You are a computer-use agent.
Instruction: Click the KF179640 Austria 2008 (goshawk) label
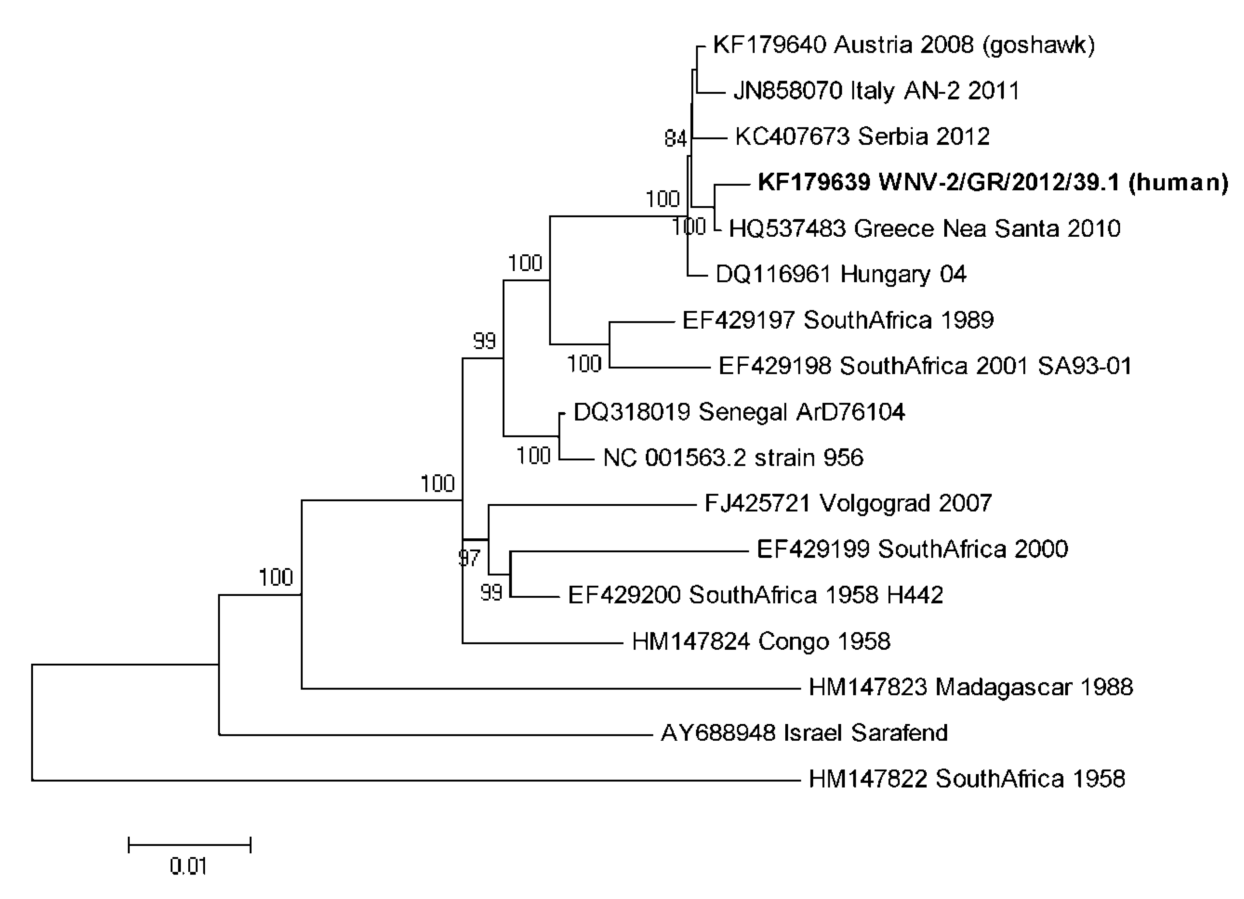coord(903,45)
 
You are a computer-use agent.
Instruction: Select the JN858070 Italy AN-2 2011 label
coord(876,91)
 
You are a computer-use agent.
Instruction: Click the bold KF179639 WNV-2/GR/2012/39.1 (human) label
coord(993,183)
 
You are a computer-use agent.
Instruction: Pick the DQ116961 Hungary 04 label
coord(841,274)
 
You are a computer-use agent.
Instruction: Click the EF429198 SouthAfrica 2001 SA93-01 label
coord(925,366)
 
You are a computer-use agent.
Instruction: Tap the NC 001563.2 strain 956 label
coord(733,457)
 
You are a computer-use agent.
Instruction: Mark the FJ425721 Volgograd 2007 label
coord(848,503)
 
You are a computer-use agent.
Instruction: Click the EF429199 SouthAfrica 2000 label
coord(912,549)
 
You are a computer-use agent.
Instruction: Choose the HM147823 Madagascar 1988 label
coord(970,687)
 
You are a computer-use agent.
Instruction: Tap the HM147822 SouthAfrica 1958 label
coord(966,779)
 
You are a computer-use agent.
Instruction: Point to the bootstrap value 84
coord(675,139)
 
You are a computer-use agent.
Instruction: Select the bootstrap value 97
coord(469,558)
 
